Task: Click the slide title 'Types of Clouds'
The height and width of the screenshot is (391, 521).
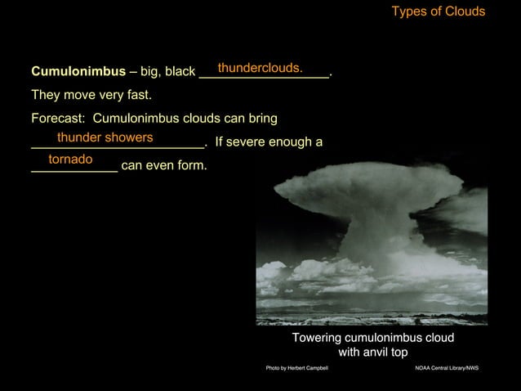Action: [438, 11]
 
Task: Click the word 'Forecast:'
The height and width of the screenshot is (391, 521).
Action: [60, 119]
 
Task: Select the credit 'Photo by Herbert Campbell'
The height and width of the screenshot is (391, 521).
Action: [297, 369]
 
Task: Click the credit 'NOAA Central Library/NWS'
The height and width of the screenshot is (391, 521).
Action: [447, 369]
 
